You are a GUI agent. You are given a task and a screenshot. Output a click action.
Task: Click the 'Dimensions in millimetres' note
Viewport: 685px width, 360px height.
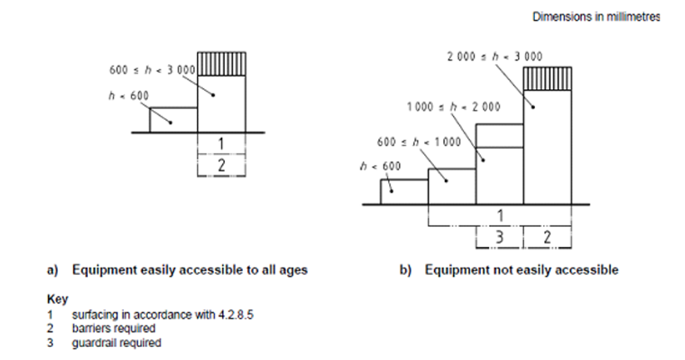(x=596, y=17)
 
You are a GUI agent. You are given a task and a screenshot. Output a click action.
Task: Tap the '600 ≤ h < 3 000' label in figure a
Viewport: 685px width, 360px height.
(x=153, y=70)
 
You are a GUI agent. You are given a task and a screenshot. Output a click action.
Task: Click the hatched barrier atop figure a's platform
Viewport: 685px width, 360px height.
(x=221, y=64)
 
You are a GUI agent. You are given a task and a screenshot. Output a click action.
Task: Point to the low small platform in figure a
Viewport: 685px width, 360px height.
(x=174, y=120)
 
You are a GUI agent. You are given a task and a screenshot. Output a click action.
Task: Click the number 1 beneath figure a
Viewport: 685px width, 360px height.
(x=221, y=143)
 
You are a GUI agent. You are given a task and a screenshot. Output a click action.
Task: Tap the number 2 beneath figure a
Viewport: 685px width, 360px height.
(x=221, y=165)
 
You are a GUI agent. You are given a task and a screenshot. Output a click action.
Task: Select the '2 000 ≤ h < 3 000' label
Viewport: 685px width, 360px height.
(x=495, y=56)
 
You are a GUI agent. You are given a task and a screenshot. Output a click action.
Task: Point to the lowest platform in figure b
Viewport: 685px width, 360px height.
(x=404, y=192)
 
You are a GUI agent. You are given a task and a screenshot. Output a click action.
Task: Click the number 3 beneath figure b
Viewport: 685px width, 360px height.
(x=499, y=237)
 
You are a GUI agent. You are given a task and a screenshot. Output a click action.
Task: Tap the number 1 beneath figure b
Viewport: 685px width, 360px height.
(x=500, y=216)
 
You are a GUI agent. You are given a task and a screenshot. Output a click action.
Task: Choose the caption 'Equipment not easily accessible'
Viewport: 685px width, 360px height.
(x=521, y=270)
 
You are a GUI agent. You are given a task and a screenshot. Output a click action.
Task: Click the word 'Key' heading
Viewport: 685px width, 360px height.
(x=57, y=300)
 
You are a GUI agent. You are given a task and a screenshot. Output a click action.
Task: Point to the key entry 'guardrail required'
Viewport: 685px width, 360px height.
(x=116, y=343)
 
